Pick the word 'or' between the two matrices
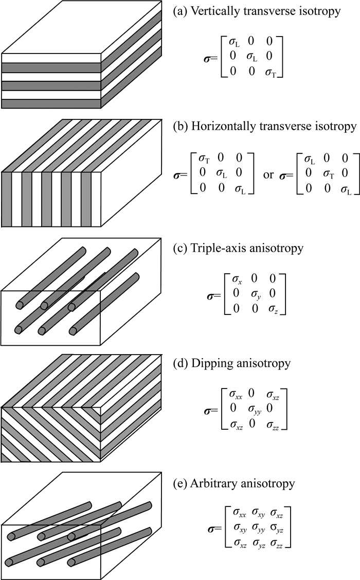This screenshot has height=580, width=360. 268,174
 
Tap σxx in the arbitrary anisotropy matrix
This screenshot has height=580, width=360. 240,513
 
